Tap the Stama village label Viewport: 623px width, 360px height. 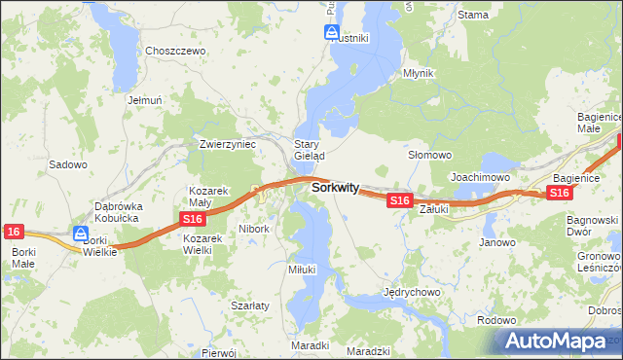(x=473, y=15)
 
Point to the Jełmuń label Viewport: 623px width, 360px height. (x=142, y=99)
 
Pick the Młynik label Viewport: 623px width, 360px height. (x=418, y=73)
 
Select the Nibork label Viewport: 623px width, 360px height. (x=254, y=229)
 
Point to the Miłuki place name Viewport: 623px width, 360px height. (x=303, y=269)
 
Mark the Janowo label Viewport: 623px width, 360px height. (x=496, y=242)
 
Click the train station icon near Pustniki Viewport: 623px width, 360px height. (x=331, y=32)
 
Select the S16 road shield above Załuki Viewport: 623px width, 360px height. (x=399, y=199)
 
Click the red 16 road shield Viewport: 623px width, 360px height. (x=13, y=231)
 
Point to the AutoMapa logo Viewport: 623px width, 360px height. (x=556, y=341)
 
